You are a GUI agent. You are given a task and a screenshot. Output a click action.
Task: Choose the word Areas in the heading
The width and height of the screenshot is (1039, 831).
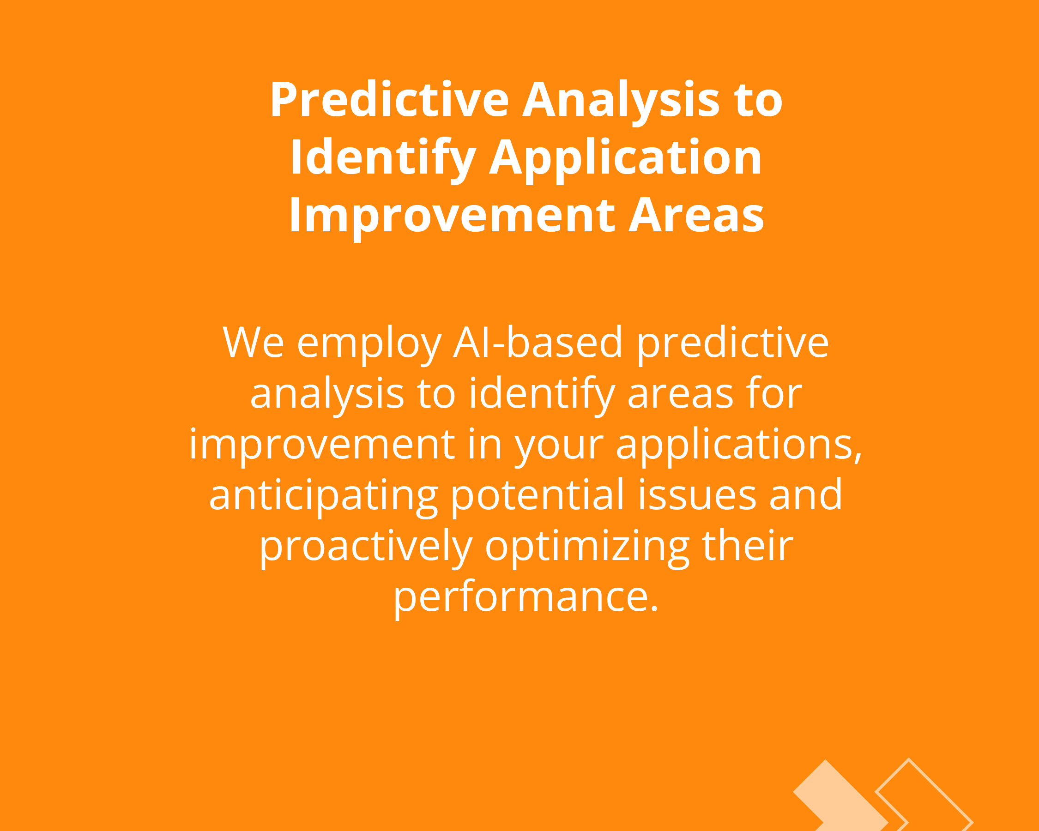click(696, 215)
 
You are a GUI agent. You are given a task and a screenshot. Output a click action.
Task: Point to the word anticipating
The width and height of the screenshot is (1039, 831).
click(323, 496)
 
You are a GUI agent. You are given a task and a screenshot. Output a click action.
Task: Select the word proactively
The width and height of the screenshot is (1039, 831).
click(366, 547)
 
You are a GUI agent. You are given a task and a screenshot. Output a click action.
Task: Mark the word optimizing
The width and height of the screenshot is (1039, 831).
click(587, 547)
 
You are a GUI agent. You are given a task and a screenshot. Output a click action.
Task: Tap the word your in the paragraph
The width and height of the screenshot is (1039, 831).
click(559, 448)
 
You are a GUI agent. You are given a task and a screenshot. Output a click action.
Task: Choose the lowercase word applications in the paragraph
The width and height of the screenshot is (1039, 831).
click(739, 445)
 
